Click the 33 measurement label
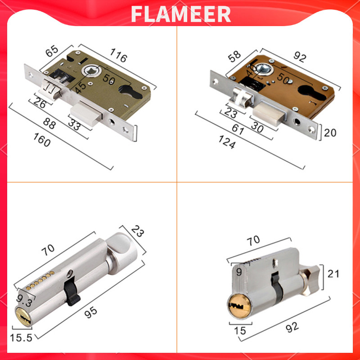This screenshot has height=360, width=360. [x=74, y=126]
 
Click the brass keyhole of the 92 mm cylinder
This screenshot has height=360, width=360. [x=236, y=306]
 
